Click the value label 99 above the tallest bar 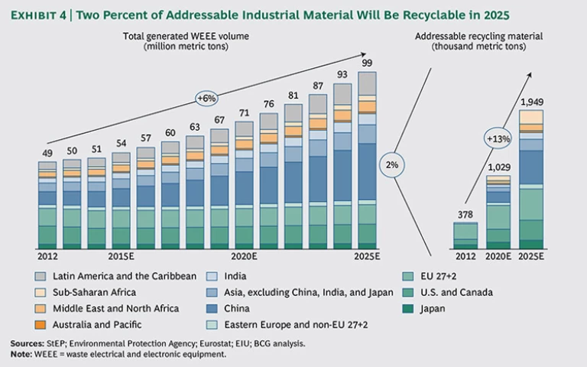coord(368,62)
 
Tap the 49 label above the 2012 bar coord(47,153)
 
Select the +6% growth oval coord(208,98)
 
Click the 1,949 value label coord(531,101)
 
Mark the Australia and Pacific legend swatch coord(41,326)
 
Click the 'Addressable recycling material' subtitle coord(479,37)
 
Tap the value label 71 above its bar coord(244,112)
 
